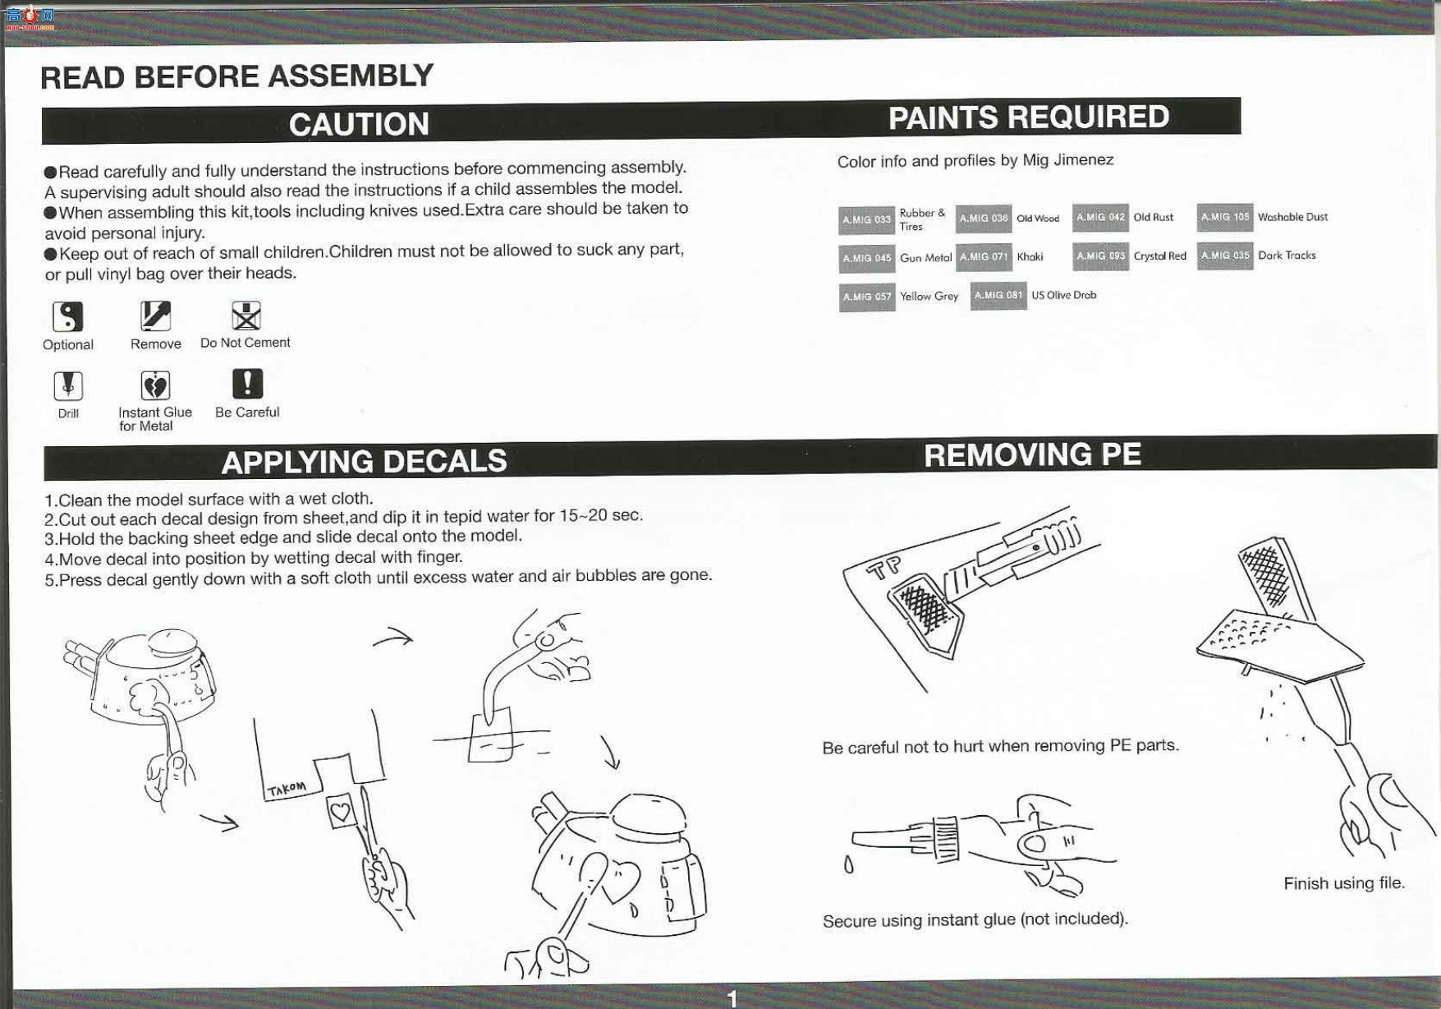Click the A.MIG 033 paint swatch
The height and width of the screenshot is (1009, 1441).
tap(866, 220)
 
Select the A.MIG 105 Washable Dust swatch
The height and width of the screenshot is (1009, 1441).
tap(1224, 217)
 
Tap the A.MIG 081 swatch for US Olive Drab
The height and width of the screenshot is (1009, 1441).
tap(998, 296)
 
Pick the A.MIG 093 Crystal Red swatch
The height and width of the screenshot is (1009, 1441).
tap(1100, 256)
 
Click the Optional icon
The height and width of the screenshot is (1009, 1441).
tap(68, 316)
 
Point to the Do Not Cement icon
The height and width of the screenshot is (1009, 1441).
tap(246, 316)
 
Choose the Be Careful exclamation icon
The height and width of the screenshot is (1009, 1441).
tap(247, 384)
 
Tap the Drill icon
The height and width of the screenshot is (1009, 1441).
tap(68, 385)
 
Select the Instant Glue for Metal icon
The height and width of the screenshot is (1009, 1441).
tap(155, 385)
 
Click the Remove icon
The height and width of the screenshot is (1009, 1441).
tap(155, 316)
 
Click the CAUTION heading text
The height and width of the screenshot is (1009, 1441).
tap(359, 125)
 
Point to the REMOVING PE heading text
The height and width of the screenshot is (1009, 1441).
tap(1032, 454)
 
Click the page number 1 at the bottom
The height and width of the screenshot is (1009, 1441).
tap(732, 998)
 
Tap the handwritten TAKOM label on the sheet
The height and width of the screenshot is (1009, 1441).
tap(287, 790)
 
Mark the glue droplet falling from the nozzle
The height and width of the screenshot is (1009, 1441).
tap(848, 865)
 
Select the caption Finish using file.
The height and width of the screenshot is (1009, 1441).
tap(1344, 883)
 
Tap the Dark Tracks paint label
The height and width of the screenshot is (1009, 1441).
tap(1287, 256)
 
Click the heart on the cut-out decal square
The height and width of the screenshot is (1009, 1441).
tap(341, 812)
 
